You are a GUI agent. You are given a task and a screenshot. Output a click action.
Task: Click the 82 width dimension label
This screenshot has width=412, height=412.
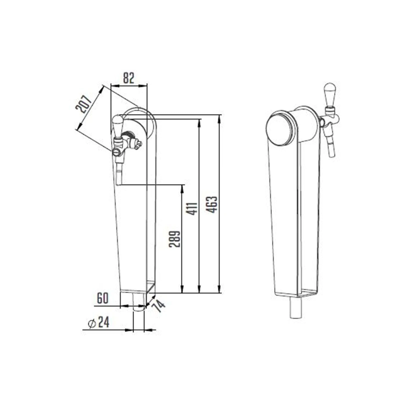(128, 78)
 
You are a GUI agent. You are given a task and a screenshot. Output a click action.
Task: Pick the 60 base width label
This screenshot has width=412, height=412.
(102, 298)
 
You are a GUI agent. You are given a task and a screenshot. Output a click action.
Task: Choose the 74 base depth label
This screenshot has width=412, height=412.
(159, 305)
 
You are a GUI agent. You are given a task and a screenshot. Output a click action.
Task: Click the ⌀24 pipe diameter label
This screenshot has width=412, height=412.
(99, 322)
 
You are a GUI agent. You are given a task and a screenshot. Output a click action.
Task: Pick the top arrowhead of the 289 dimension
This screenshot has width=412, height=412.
(182, 188)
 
